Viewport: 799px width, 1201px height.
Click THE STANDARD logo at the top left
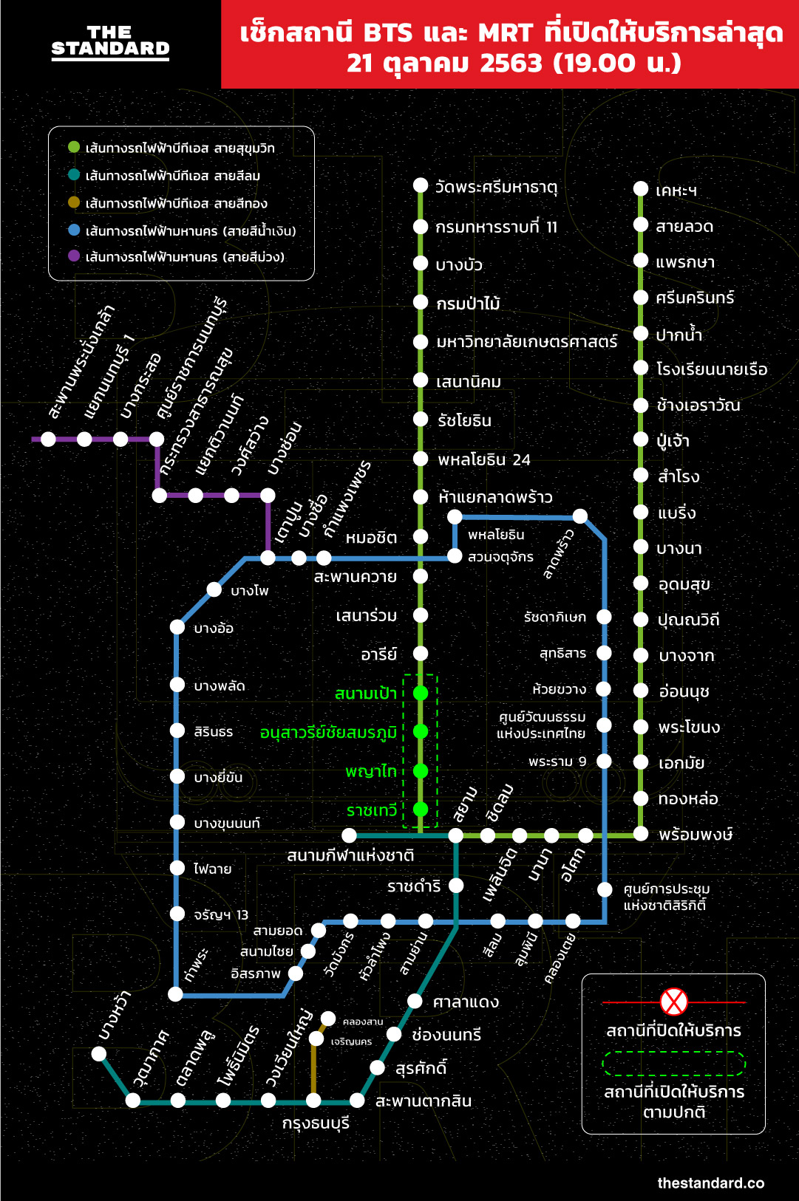110,41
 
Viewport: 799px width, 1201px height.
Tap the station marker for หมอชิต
421,536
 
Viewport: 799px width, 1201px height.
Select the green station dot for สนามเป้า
421,693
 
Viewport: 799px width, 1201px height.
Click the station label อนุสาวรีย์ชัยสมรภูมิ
328,733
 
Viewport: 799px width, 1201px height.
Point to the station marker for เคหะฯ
641,189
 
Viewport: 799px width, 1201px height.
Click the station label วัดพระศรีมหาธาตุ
496,187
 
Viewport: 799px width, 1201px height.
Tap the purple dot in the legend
74,256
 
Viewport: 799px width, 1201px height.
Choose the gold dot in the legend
74,202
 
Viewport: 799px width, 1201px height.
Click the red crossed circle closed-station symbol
673,1002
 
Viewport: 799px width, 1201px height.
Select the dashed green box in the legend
673,1064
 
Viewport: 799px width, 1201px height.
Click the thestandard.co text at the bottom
710,1183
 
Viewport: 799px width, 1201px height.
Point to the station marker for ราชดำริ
456,885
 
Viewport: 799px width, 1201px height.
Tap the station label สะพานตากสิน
424,1101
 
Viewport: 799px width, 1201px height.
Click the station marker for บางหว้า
99,1054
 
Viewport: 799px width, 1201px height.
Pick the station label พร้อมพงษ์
695,835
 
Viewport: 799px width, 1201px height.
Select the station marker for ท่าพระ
176,994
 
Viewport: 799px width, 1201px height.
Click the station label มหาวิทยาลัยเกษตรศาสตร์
526,341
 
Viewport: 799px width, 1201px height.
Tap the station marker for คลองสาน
329,1019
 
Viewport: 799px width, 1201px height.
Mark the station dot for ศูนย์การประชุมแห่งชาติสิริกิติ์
605,889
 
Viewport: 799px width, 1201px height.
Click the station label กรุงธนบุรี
316,1123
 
